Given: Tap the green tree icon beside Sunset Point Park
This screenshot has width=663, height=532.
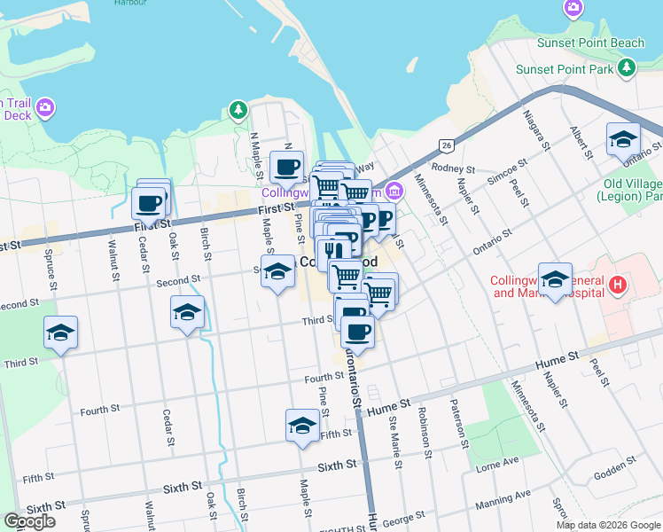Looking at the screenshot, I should tap(628, 67).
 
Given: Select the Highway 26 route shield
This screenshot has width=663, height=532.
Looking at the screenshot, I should tap(446, 145).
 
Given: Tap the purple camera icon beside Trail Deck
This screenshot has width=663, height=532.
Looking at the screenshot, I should tap(45, 109).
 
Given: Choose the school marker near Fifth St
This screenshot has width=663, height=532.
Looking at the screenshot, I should tap(302, 426).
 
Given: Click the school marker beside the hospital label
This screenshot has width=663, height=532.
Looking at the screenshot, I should tap(555, 279).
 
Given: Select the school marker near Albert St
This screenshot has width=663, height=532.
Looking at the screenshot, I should tap(623, 139).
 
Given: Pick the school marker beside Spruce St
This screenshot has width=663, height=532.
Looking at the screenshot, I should tap(61, 332).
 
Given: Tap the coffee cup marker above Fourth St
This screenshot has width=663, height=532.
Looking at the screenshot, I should tap(357, 332).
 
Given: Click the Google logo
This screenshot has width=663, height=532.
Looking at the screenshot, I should tap(30, 521).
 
